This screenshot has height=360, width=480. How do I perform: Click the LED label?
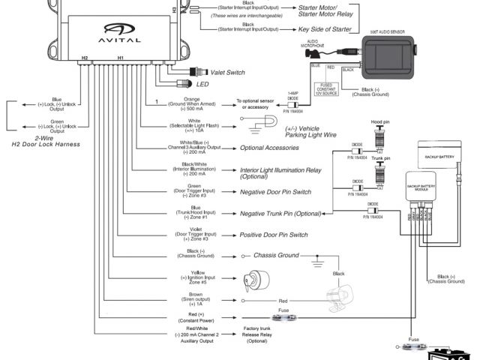(x=202, y=84)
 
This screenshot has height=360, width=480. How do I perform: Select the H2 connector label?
(x=85, y=57)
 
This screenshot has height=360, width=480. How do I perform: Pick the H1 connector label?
(x=121, y=57)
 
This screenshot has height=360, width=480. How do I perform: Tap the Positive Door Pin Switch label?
(x=274, y=235)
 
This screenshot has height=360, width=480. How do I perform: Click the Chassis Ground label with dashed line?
(x=277, y=255)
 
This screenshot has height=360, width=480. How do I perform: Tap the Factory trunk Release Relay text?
(x=256, y=334)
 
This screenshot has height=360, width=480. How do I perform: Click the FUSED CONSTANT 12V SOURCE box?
(x=327, y=89)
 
